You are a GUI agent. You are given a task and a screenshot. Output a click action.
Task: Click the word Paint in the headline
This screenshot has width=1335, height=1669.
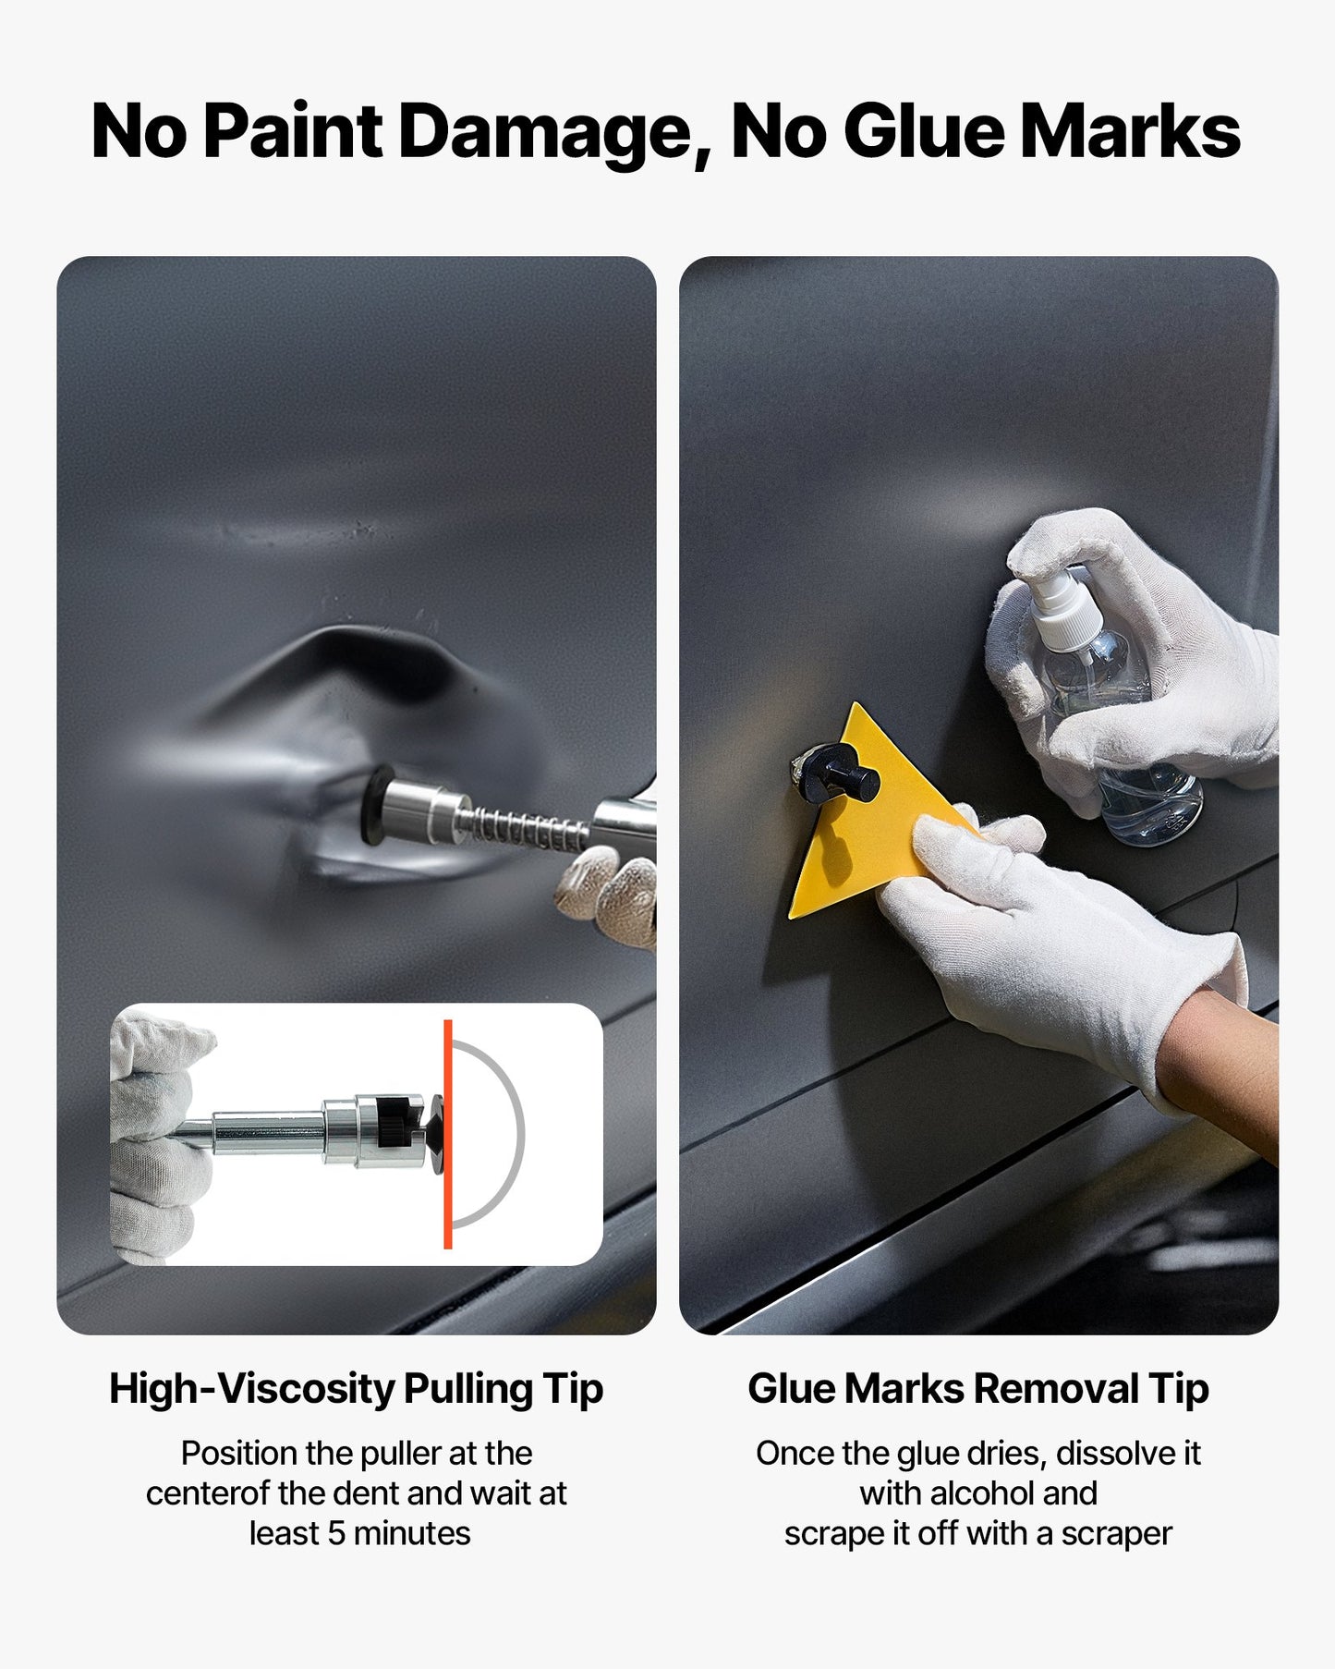click(x=292, y=132)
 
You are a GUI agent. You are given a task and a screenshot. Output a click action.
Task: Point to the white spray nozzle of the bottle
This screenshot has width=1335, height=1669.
click(x=1062, y=601)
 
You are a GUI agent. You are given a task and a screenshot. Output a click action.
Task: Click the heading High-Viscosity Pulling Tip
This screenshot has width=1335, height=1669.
click(x=356, y=1389)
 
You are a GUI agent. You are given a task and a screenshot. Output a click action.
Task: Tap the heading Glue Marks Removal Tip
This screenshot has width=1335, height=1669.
click(x=977, y=1389)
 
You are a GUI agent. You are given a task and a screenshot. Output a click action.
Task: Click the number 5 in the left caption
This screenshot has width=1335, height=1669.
click(x=336, y=1534)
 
